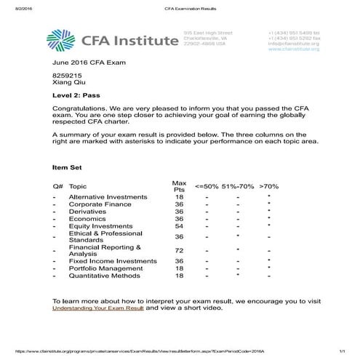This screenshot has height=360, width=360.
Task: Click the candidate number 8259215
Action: (x=66, y=75)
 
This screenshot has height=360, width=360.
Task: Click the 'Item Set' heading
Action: (x=68, y=167)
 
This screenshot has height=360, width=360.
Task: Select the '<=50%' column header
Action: (x=209, y=186)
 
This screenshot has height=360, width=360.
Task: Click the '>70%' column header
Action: (x=269, y=186)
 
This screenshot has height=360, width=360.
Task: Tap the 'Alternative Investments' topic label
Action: (x=106, y=197)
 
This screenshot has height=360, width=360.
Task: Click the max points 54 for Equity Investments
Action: (x=179, y=226)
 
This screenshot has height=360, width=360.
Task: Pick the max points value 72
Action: (x=179, y=251)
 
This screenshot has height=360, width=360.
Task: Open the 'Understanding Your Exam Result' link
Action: (x=98, y=308)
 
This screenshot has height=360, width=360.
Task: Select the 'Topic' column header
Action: (x=78, y=186)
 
